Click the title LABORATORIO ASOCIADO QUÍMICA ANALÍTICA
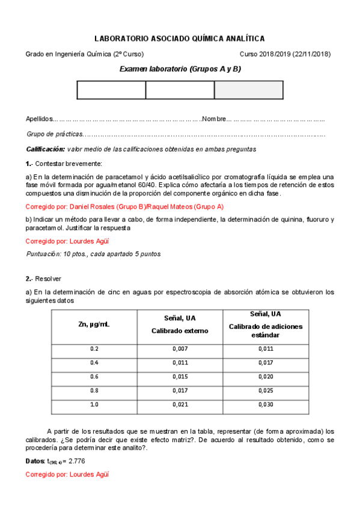[x=180, y=38]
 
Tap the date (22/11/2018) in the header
[x=311, y=54]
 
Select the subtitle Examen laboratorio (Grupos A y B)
[x=180, y=69]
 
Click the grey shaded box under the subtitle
[x=248, y=90]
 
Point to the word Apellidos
[x=39, y=119]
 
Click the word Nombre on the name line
[x=215, y=119]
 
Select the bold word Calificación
[x=45, y=149]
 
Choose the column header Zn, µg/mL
[x=94, y=325]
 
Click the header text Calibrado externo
[x=180, y=331]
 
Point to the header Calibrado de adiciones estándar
[x=266, y=330]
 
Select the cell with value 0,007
[x=180, y=349]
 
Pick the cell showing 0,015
[x=180, y=376]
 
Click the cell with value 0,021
[x=180, y=404]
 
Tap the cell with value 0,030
[x=266, y=404]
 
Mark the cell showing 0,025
[x=266, y=390]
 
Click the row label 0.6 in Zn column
[x=94, y=376]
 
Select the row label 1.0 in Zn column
[x=94, y=404]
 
